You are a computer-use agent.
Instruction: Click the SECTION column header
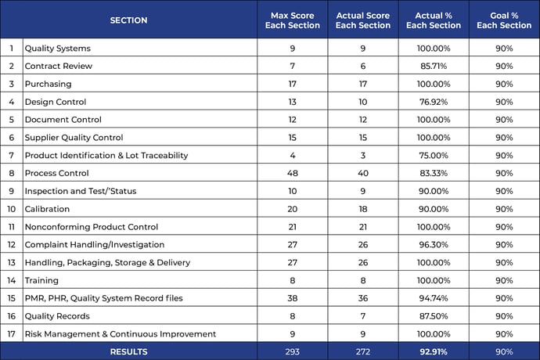coord(128,20)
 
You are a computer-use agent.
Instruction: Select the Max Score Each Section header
coord(293,20)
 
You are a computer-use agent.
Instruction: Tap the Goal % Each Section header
coord(504,20)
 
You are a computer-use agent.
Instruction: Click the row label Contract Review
coord(59,67)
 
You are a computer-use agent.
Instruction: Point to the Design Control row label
coord(56,102)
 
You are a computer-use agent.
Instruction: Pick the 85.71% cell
coord(434,67)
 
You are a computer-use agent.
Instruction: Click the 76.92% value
coord(434,102)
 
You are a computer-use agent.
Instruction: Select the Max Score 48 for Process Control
coord(293,173)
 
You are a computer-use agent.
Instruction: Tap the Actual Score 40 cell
coord(363,173)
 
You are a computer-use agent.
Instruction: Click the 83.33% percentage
coord(434,173)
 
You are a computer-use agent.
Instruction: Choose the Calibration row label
coord(47,209)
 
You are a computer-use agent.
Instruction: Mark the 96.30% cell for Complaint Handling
coord(434,245)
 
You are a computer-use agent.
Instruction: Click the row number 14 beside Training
coord(12,280)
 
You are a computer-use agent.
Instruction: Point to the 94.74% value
coord(434,298)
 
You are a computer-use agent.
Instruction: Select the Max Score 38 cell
coord(293,298)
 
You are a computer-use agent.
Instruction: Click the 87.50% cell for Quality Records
coord(434,316)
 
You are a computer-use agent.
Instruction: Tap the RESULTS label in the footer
coord(129,351)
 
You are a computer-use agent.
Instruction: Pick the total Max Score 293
coord(293,351)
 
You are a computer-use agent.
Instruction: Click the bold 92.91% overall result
coord(434,351)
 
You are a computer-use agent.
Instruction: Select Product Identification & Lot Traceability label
coord(106,156)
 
